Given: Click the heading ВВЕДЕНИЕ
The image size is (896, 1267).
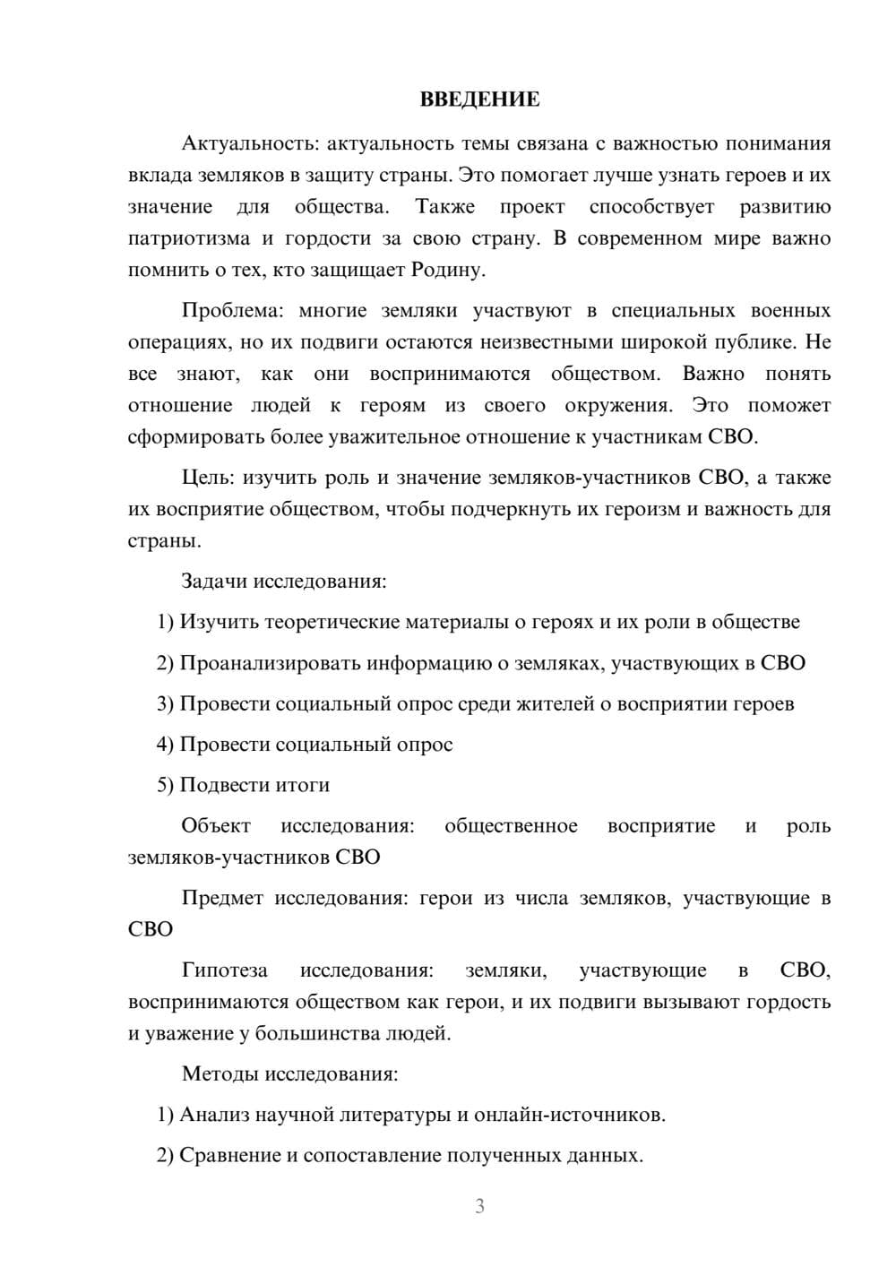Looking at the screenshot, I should point(479,99).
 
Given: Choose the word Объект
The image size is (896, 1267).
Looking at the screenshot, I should point(216,826).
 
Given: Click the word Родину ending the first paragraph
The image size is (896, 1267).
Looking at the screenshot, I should point(449,270).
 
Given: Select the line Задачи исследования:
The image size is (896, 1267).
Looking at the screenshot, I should point(284,581).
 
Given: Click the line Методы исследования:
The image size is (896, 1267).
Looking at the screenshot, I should point(289,1073).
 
